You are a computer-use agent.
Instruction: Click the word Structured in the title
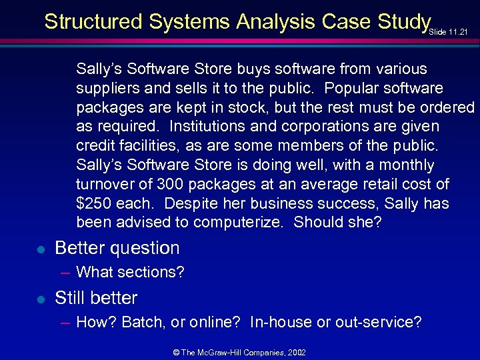point(94,22)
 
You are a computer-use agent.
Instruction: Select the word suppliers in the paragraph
point(106,88)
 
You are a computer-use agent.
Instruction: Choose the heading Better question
point(117,248)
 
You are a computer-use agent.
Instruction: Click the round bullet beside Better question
point(40,249)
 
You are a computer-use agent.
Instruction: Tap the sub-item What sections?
point(131,272)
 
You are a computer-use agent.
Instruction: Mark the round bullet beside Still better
point(40,299)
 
